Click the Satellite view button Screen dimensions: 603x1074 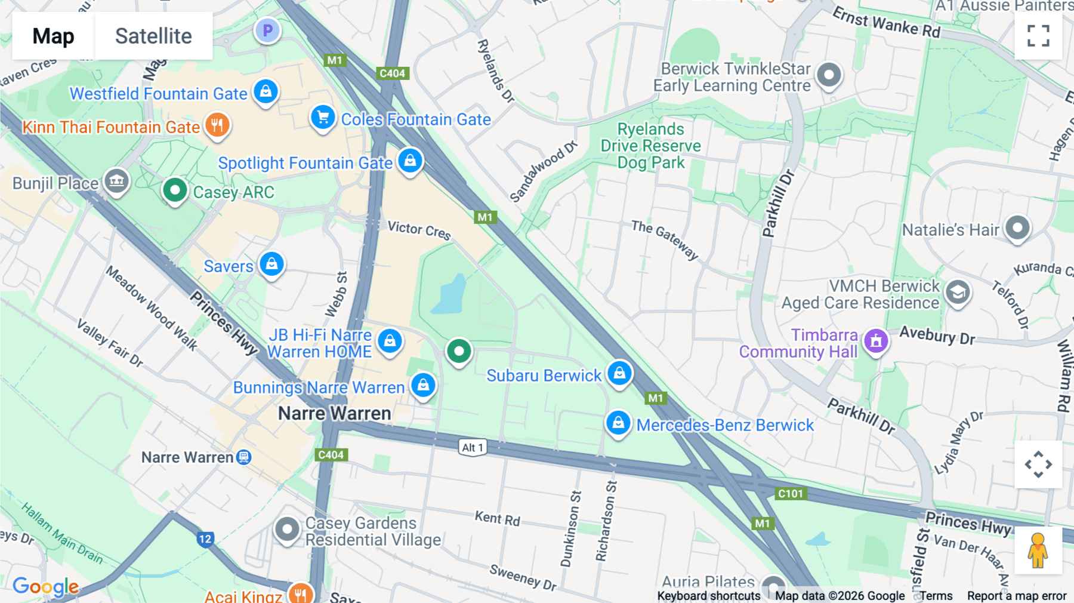coord(153,36)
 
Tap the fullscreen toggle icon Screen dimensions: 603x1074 coord(1038,36)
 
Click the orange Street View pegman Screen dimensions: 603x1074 coord(1038,550)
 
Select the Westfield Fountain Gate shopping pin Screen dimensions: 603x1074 coord(266,92)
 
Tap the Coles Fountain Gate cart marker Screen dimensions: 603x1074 coord(323,118)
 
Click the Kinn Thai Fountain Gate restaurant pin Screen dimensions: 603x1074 coord(217,125)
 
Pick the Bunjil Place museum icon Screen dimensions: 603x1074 coord(116,181)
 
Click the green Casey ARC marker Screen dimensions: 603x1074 coord(175,191)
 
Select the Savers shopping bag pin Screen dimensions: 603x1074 coord(271,264)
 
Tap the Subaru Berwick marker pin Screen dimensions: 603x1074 coord(619,374)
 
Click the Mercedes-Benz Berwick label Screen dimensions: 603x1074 coord(725,425)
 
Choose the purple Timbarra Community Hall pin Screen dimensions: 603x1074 coord(876,342)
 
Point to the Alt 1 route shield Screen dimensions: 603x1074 coord(473,448)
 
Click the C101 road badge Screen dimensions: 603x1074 coord(791,494)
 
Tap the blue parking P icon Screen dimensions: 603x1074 coord(267,30)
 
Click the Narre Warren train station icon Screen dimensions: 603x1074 coord(243,457)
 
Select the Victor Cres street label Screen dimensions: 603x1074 coord(419,230)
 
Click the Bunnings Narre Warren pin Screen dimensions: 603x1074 coord(423,385)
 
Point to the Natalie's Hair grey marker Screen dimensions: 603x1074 coord(1017,228)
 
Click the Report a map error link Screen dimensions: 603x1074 coord(1017,596)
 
